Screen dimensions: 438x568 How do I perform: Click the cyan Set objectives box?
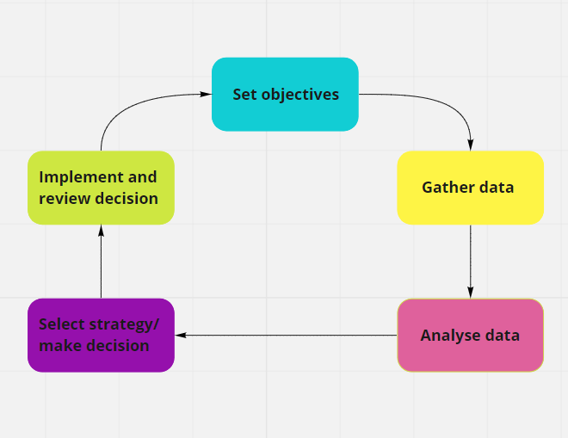(285, 94)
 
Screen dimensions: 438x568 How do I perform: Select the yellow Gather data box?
(470, 188)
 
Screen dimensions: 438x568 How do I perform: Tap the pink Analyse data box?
(470, 336)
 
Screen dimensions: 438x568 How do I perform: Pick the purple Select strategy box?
(101, 336)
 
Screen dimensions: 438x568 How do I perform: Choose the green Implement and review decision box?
(101, 188)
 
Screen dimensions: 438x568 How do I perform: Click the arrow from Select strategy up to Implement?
(101, 262)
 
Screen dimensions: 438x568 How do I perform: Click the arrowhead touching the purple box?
(181, 336)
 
